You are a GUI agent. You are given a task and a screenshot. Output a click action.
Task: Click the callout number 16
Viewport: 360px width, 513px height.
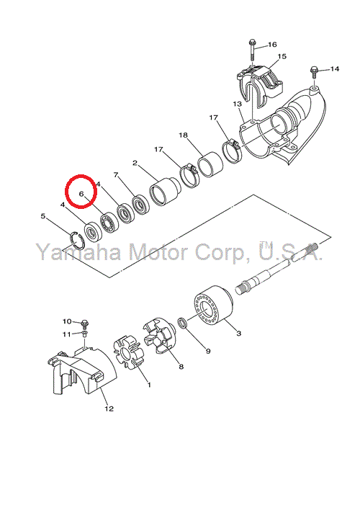click(x=272, y=45)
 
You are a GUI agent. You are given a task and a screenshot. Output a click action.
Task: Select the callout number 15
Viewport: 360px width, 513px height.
click(x=282, y=56)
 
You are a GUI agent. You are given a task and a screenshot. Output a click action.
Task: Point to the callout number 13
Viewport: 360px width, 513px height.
click(x=238, y=104)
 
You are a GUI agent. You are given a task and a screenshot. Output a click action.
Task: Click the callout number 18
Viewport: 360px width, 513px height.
click(x=184, y=135)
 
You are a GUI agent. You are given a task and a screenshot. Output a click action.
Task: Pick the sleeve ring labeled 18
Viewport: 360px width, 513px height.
click(x=210, y=164)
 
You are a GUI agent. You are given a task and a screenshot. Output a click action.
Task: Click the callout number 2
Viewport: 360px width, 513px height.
click(x=135, y=163)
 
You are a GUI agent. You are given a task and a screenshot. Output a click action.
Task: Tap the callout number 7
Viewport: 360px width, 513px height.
click(x=115, y=175)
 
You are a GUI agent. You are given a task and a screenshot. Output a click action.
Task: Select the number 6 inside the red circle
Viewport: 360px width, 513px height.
click(x=82, y=193)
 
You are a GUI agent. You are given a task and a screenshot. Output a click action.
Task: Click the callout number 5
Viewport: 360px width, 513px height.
click(x=42, y=216)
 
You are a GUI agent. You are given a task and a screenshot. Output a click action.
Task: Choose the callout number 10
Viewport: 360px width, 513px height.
click(x=67, y=321)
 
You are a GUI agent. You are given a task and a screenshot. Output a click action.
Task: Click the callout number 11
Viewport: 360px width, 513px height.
click(x=67, y=334)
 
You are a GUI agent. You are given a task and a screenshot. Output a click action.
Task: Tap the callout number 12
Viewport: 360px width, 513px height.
click(x=109, y=409)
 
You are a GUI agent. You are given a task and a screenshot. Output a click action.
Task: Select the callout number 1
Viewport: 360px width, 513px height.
click(x=149, y=385)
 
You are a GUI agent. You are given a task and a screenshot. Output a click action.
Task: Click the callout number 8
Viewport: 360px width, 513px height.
click(x=181, y=367)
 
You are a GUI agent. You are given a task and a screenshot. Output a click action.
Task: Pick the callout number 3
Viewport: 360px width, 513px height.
click(x=239, y=333)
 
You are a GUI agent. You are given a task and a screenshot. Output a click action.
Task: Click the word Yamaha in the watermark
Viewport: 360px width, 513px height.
click(x=78, y=251)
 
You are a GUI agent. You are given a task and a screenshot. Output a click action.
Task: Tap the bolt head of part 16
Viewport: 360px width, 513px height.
click(x=252, y=43)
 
